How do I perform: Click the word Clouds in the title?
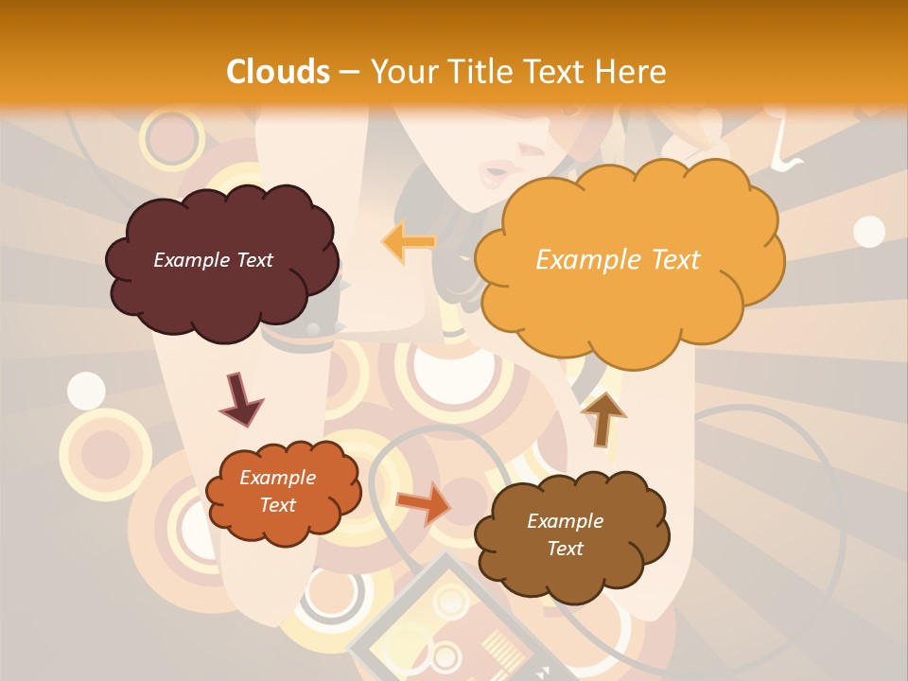click(x=278, y=72)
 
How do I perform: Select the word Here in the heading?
click(x=635, y=72)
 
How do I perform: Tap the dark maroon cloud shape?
click(x=222, y=284)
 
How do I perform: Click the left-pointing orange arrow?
click(x=409, y=241)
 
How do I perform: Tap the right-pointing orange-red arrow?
click(x=424, y=502)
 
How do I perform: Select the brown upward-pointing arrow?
click(x=603, y=418)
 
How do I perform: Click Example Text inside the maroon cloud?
click(x=213, y=260)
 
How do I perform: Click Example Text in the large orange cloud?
click(x=618, y=260)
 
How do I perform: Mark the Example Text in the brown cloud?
click(x=565, y=534)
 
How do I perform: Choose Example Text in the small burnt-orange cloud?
click(x=277, y=491)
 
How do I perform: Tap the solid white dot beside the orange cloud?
click(x=868, y=231)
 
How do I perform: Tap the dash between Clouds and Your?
click(x=350, y=72)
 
